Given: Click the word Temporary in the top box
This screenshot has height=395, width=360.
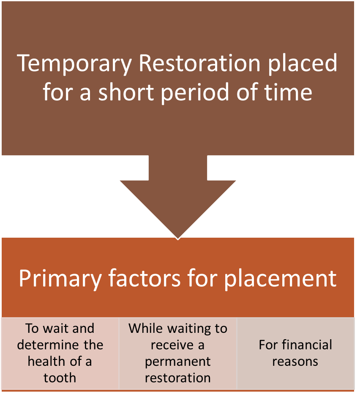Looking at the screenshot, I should click(74, 64).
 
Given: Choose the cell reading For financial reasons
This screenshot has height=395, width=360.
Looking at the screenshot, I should click(295, 353).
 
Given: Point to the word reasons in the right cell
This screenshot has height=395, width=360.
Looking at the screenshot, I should click(295, 361).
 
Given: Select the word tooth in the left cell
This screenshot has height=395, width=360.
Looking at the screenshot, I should click(60, 378).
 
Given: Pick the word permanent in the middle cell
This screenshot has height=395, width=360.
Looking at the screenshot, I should click(177, 361).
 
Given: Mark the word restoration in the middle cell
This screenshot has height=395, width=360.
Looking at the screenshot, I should click(177, 378).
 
